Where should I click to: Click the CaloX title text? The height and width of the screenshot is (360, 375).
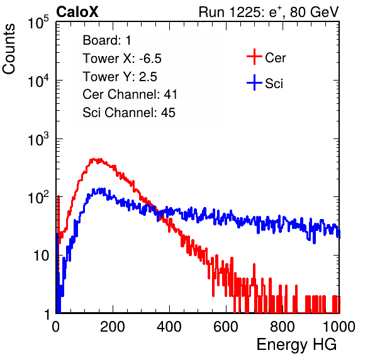tap(77, 11)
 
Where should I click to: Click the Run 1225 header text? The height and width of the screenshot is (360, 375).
tap(269, 12)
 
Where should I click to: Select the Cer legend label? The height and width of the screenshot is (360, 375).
tap(275, 58)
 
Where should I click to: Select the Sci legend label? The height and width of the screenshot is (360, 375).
tap(274, 84)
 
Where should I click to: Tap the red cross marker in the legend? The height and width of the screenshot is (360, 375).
tap(254, 57)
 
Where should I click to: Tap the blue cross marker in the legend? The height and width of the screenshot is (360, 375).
tap(254, 82)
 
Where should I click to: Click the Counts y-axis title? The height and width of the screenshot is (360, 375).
tap(9, 48)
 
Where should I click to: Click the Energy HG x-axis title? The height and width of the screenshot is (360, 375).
tap(296, 344)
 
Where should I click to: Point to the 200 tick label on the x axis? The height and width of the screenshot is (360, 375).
tap(113, 327)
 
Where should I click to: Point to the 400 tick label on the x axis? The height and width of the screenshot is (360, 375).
tap(169, 327)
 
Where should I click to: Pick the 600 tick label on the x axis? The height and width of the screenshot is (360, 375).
tap(226, 327)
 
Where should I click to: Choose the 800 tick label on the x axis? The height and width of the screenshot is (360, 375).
tap(283, 327)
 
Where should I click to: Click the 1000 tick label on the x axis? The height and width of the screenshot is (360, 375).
tap(339, 327)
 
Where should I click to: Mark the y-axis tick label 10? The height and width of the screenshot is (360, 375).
tap(42, 256)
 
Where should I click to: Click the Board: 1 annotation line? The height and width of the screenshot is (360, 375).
tap(107, 40)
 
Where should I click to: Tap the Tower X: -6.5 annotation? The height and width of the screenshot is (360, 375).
tap(122, 59)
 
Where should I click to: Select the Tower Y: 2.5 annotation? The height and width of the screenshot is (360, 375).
tap(120, 77)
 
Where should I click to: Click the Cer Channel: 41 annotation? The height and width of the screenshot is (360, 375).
tap(130, 94)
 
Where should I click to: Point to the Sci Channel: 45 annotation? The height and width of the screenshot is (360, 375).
tap(129, 113)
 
